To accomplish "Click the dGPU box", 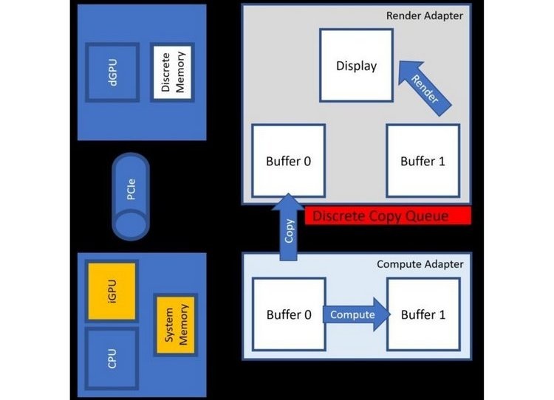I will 111,73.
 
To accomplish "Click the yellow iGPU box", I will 112,289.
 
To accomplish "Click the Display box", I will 356,66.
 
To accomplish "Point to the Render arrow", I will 422,85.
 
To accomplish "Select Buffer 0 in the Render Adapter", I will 288,161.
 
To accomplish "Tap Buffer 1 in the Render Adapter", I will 423,161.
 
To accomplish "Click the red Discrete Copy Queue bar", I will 387,216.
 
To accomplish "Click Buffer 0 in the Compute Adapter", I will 288,314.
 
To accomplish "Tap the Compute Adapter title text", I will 420,263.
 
